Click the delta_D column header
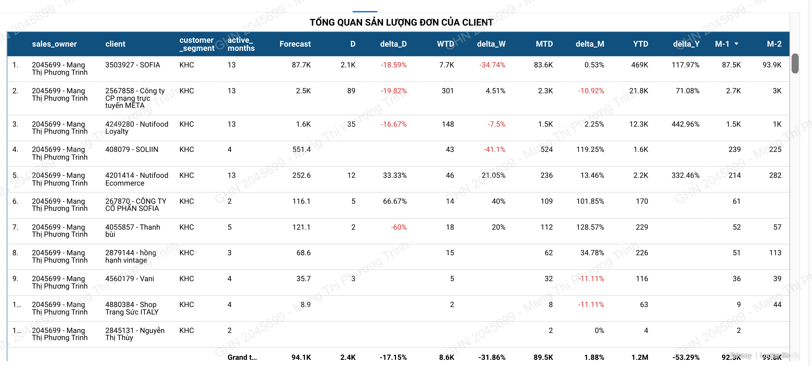click(x=393, y=44)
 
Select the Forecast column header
click(x=295, y=44)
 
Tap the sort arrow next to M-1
click(x=737, y=44)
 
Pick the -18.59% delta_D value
click(x=393, y=65)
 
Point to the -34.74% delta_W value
click(x=492, y=65)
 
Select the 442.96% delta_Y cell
click(x=685, y=124)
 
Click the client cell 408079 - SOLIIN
click(x=132, y=150)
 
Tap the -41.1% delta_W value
click(x=494, y=150)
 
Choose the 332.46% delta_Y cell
click(x=685, y=176)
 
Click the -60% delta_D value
click(x=399, y=227)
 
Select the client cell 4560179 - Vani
click(x=130, y=279)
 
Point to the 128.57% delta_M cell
click(x=590, y=227)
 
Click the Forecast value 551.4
click(x=301, y=150)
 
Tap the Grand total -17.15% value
click(x=393, y=358)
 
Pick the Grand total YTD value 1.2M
click(x=639, y=358)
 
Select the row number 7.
click(x=15, y=227)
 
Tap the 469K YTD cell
click(x=639, y=65)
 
